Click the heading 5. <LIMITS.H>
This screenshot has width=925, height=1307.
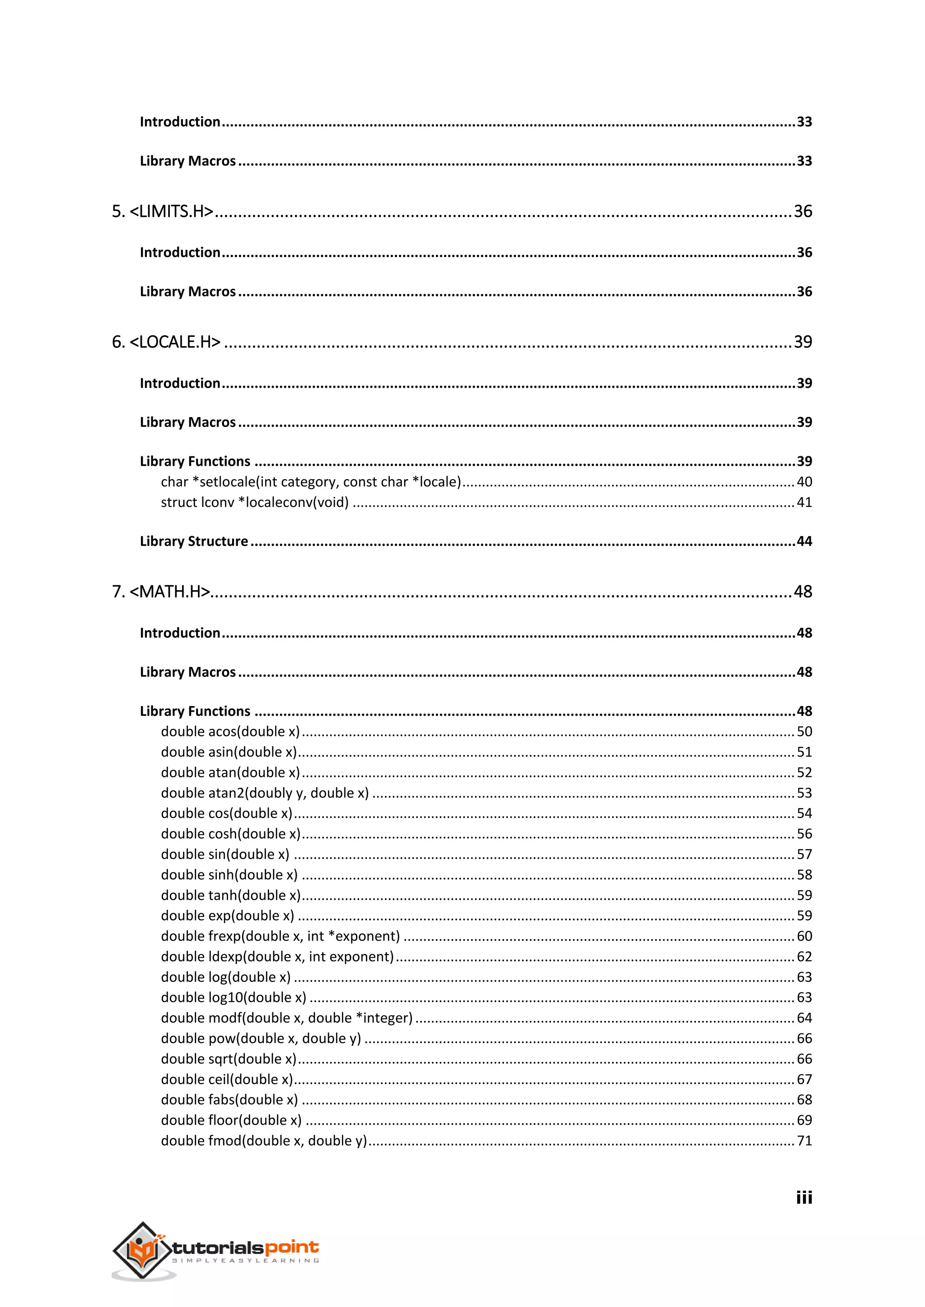[x=163, y=211]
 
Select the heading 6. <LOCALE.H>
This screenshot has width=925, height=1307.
[x=166, y=342]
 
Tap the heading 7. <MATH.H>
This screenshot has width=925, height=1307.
[x=161, y=592]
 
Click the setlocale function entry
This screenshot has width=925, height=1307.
[x=310, y=482]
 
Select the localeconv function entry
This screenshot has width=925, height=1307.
[x=255, y=502]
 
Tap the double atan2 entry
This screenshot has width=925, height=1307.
[x=264, y=793]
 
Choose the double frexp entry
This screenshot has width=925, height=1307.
[x=280, y=936]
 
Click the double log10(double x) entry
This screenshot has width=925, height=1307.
[x=234, y=997]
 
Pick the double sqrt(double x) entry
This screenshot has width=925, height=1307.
[x=229, y=1059]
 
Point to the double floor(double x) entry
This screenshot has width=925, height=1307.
[x=231, y=1120]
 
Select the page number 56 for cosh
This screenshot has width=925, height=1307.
[x=804, y=834]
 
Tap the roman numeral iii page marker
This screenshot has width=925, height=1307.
[x=804, y=1197]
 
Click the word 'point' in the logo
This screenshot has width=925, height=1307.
[x=291, y=1248]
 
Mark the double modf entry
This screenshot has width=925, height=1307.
[x=286, y=1018]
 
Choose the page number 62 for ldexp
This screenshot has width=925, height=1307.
[x=804, y=956]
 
